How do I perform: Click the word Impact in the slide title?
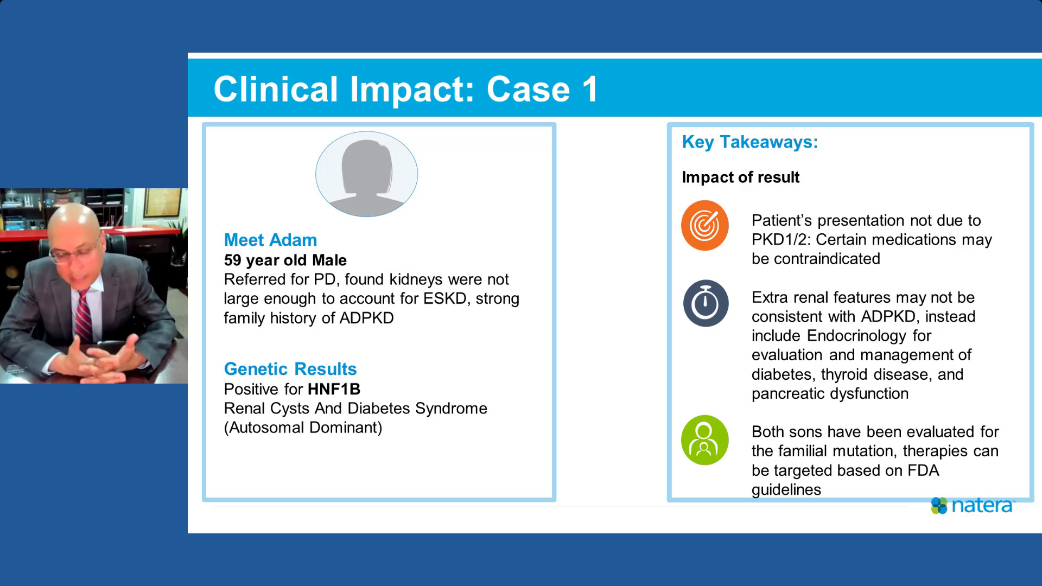412,90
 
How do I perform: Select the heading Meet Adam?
270,240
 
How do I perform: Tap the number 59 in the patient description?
232,260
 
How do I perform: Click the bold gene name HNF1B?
334,389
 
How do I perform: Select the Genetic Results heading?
290,369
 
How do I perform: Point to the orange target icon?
705,225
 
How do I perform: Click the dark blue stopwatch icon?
706,303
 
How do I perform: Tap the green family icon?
704,440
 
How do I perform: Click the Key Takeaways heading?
749,142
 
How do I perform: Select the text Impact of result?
740,177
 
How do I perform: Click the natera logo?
973,506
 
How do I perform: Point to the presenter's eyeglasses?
73,253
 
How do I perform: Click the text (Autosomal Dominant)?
303,428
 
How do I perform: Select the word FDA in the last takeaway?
923,470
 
